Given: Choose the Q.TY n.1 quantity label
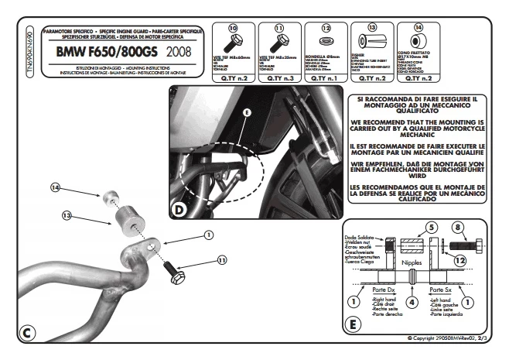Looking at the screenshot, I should [325, 78].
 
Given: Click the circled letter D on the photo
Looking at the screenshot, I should [179, 208].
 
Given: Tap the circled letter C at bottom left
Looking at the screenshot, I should [26, 333].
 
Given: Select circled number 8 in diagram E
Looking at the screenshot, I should [459, 228].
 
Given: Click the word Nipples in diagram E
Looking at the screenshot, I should [412, 264].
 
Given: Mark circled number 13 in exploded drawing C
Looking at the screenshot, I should [67, 215].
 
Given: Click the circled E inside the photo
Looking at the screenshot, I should [247, 113].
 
